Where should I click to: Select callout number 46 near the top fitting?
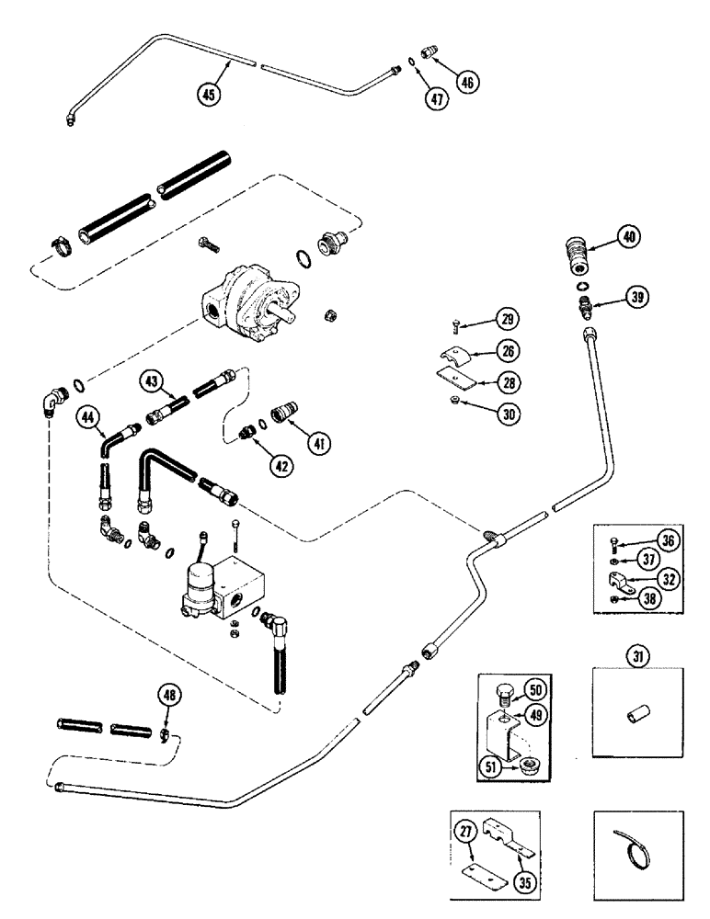pos(467,82)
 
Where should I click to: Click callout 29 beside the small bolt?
pos(505,320)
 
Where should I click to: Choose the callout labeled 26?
pos(505,350)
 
